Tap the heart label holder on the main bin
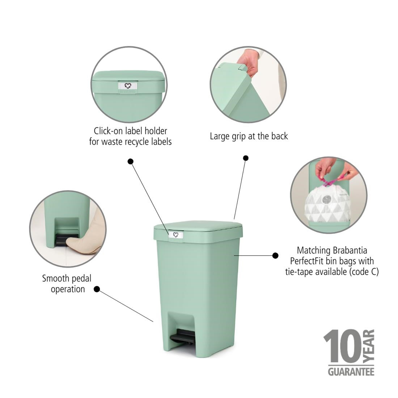click(176, 235)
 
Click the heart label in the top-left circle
click(127, 86)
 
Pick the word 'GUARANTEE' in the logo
click(351, 372)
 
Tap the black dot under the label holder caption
click(131, 161)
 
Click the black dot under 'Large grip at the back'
click(246, 158)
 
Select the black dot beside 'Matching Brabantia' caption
click(275, 255)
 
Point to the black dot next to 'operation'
click(97, 289)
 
